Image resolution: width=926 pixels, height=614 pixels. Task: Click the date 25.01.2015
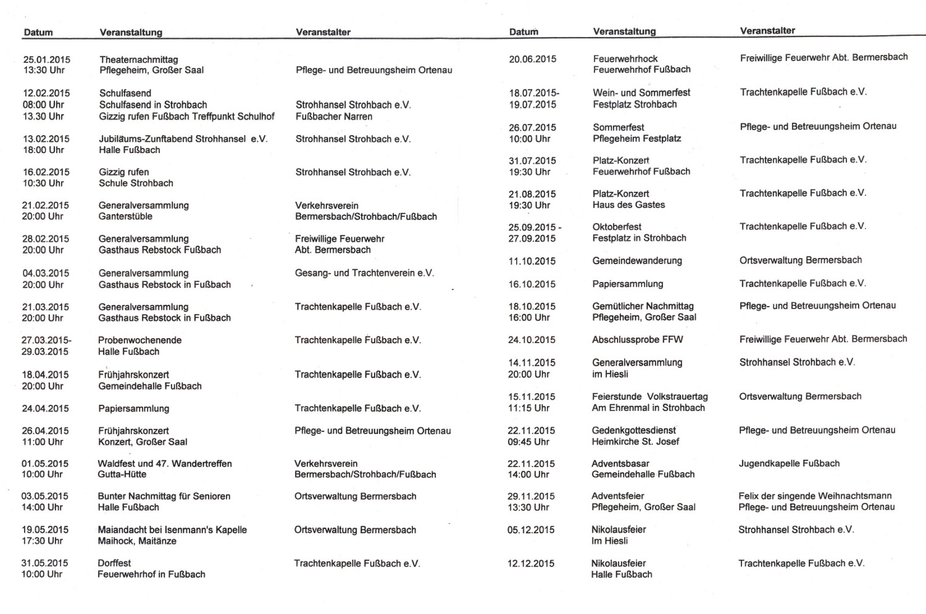(47, 60)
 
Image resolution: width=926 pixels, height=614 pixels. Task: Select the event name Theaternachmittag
(138, 60)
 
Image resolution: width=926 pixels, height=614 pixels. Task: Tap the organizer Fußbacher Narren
(334, 117)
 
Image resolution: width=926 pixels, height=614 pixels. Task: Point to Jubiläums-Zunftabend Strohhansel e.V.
(183, 139)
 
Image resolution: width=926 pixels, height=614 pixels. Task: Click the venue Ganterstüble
(125, 217)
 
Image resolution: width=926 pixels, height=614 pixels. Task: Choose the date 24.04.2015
(46, 409)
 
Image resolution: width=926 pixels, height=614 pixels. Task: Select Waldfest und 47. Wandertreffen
(165, 463)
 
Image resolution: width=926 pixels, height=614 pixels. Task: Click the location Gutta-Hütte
(122, 475)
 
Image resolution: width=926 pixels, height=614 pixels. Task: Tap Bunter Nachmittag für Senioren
(164, 496)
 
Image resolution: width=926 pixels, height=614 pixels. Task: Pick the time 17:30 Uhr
(43, 541)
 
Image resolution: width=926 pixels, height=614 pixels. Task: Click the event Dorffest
(114, 563)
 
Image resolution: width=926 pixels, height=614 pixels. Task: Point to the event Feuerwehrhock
(625, 59)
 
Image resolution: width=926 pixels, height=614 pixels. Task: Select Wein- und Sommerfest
(641, 93)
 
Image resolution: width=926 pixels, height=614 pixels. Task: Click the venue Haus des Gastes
(628, 205)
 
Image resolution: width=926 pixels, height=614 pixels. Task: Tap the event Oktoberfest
(617, 227)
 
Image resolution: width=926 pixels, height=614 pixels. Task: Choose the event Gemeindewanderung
(637, 261)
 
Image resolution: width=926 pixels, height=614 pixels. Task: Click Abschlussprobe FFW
(638, 340)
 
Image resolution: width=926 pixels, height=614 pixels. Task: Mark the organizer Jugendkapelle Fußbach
(789, 463)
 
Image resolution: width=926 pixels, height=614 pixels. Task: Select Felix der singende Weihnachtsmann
(815, 496)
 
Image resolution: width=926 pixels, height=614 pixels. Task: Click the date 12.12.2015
(531, 563)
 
